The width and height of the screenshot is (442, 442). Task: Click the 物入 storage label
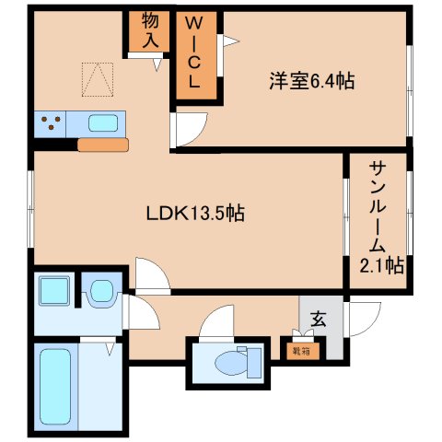tap(151, 31)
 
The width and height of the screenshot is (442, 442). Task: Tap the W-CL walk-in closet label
tap(199, 52)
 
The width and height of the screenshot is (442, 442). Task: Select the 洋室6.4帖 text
tap(312, 81)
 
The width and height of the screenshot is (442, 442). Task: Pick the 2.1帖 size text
tap(379, 266)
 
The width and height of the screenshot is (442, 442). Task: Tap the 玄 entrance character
tap(319, 320)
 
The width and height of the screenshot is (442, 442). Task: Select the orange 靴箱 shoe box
tap(301, 350)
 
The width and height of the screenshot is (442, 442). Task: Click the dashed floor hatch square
tap(96, 78)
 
